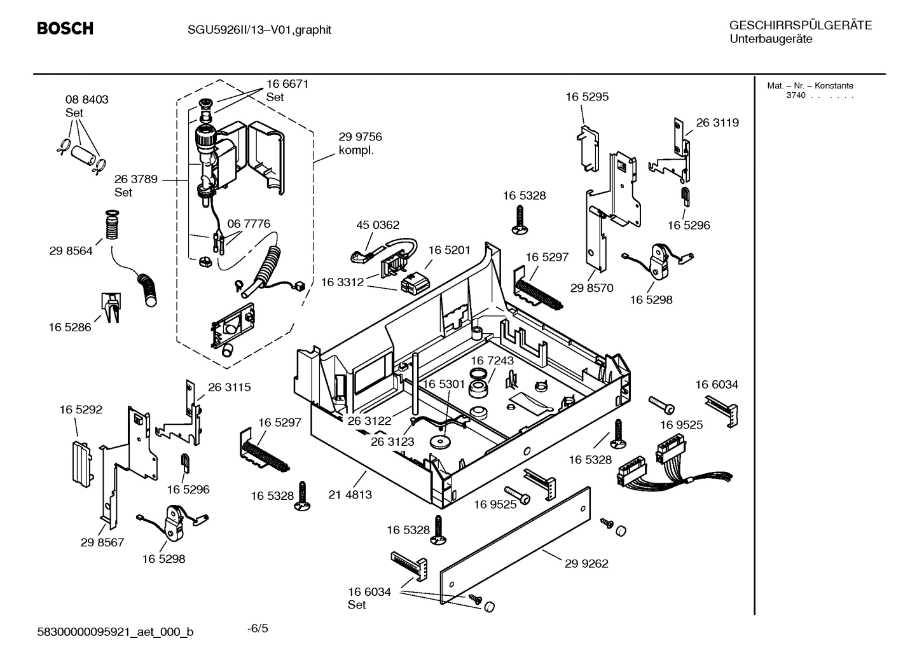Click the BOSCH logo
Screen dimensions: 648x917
65,29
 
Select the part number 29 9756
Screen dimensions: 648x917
360,137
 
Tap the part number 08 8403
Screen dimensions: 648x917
86,100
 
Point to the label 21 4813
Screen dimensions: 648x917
350,494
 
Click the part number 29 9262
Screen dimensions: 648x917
586,563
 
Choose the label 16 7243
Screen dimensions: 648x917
492,361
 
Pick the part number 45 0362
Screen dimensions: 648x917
378,225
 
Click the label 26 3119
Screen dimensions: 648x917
717,123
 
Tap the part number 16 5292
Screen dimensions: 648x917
81,410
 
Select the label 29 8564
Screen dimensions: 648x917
71,251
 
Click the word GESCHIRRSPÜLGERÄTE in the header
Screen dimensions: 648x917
800,25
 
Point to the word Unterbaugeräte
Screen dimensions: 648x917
770,39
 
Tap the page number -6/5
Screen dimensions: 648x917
258,628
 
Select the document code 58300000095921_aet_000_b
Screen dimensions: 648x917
115,631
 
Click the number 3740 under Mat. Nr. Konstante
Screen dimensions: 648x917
796,95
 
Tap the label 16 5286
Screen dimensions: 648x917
70,327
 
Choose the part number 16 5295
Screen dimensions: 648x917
587,97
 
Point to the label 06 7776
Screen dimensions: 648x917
249,224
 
